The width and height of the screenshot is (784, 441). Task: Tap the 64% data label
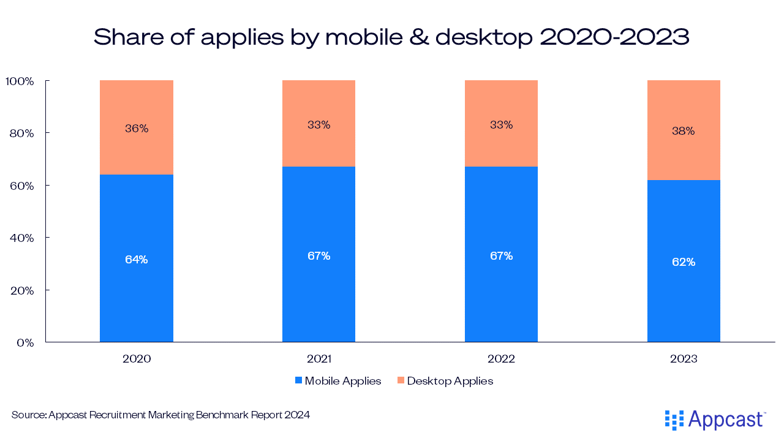136,259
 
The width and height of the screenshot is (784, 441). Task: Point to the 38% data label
684,131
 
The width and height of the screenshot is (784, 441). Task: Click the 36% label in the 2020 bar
136,129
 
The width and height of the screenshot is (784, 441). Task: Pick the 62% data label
684,262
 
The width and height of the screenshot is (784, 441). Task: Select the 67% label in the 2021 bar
318,256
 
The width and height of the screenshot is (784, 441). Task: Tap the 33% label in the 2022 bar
501,125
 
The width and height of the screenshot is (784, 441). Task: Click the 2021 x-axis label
318,359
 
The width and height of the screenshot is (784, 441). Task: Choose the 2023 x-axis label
684,359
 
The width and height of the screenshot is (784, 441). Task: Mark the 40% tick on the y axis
21,238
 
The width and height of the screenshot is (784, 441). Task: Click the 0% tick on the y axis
24,342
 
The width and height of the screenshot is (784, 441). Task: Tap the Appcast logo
715,420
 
